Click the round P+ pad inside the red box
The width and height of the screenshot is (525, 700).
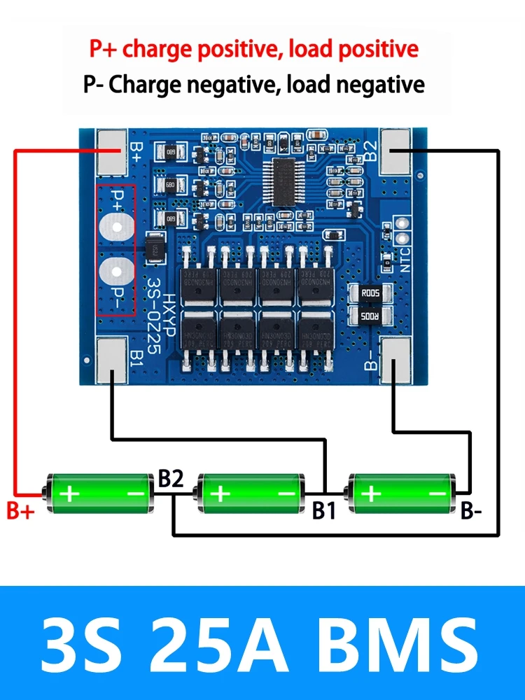point(116,225)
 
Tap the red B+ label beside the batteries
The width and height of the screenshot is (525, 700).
point(20,511)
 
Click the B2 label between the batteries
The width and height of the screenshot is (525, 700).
point(171,479)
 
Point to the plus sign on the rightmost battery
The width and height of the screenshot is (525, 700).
point(370,494)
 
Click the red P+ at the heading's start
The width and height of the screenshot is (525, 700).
point(103,49)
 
